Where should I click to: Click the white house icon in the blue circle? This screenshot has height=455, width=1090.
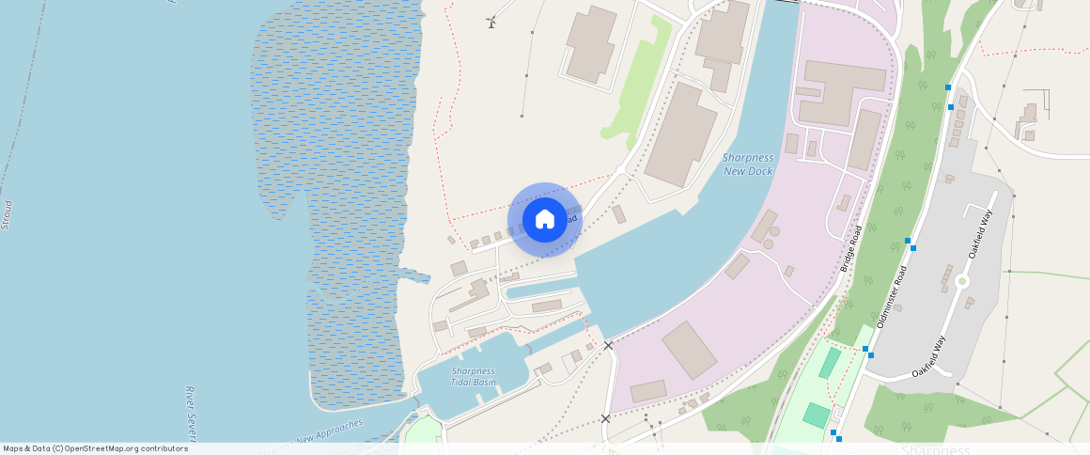[545, 220]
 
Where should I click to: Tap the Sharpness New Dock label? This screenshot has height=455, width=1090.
[748, 165]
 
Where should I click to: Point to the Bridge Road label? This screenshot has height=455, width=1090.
[852, 249]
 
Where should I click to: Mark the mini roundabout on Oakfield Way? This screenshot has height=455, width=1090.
[961, 281]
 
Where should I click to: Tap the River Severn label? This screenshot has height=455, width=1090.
[191, 413]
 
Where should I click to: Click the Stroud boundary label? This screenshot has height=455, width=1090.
[8, 214]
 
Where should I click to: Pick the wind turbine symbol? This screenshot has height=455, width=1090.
[490, 21]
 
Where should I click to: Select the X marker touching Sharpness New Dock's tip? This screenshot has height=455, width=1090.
[608, 346]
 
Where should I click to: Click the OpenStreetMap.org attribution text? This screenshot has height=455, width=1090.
[126, 448]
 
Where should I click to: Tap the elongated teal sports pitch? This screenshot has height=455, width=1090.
[829, 363]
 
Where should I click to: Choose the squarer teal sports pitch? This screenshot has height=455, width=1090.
[817, 415]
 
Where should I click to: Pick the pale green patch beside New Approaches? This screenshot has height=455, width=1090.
[422, 432]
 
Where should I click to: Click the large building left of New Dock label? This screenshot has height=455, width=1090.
[680, 133]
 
